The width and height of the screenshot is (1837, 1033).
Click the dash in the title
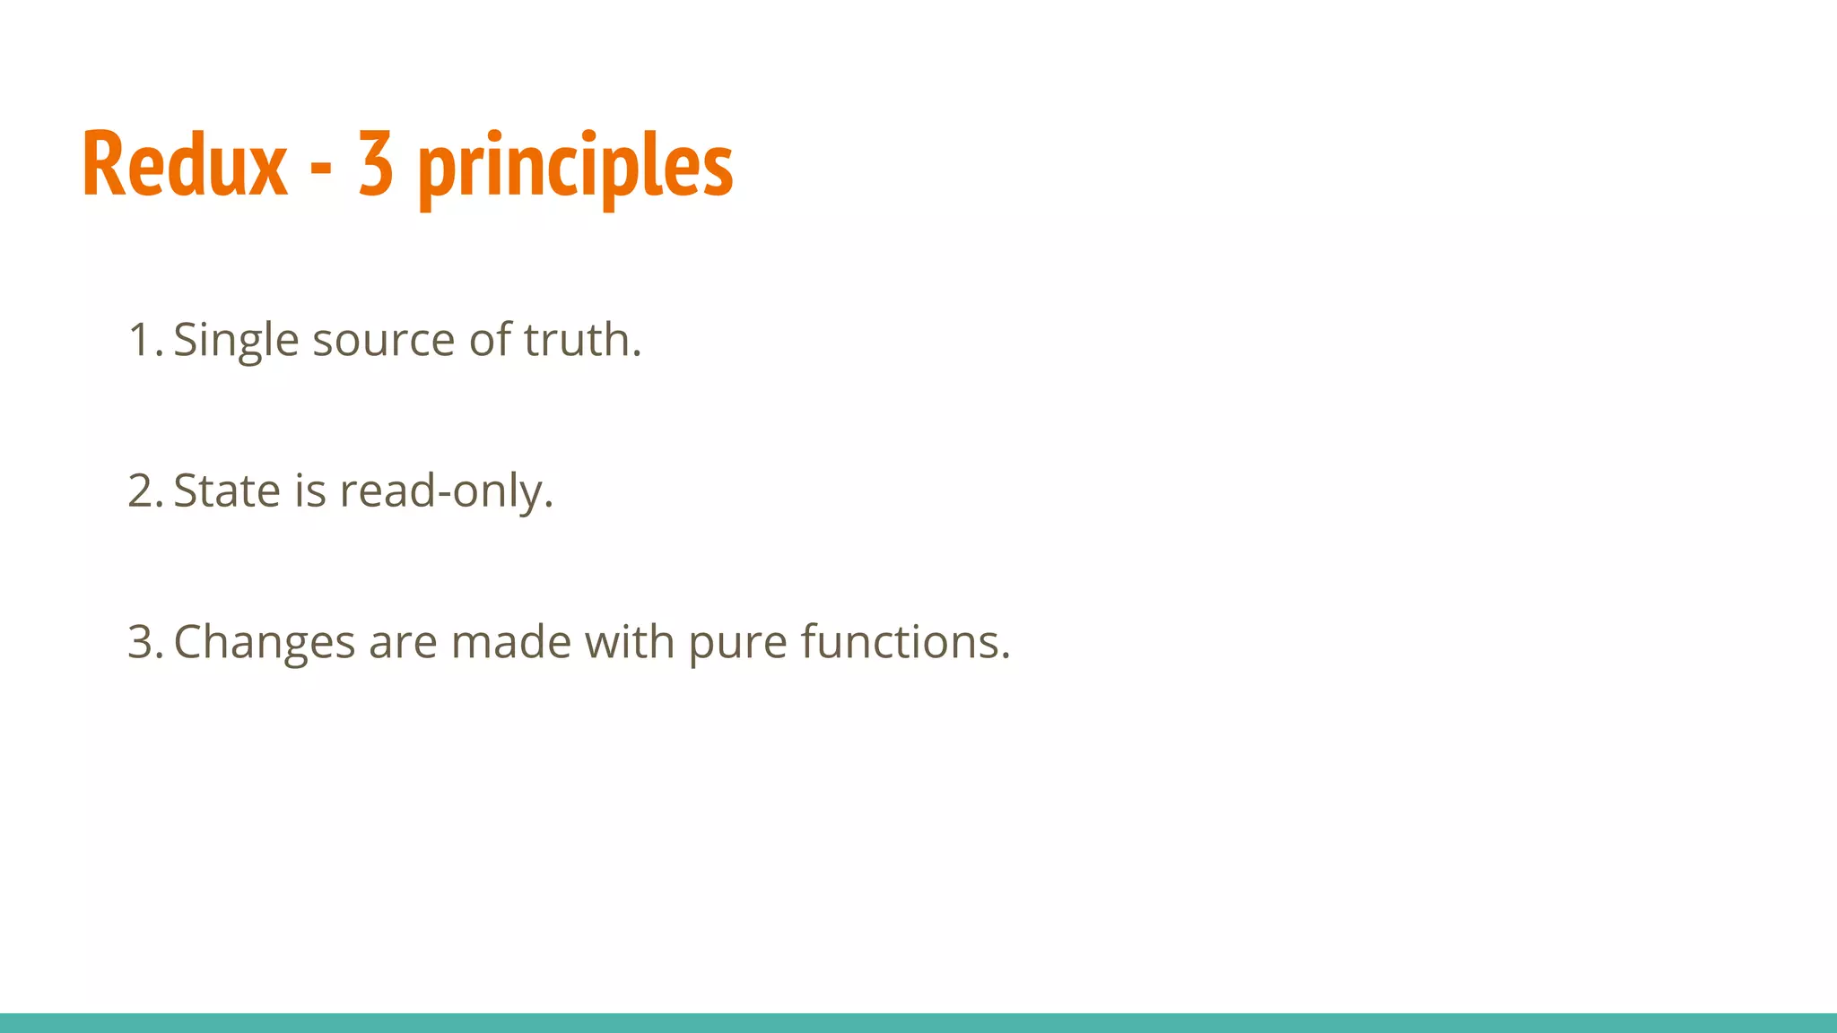pyautogui.click(x=321, y=169)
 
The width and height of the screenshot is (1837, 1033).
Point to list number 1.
pyautogui.click(x=144, y=341)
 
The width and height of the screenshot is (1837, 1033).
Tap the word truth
pyautogui.click(x=582, y=341)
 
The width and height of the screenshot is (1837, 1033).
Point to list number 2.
pyautogui.click(x=144, y=491)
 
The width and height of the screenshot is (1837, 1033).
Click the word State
pyautogui.click(x=227, y=491)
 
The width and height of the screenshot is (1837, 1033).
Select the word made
pyautogui.click(x=511, y=642)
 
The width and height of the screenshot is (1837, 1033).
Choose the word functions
pyautogui.click(x=905, y=642)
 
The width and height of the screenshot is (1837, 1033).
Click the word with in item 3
pyautogui.click(x=630, y=642)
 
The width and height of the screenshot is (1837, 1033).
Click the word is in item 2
pyautogui.click(x=310, y=491)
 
